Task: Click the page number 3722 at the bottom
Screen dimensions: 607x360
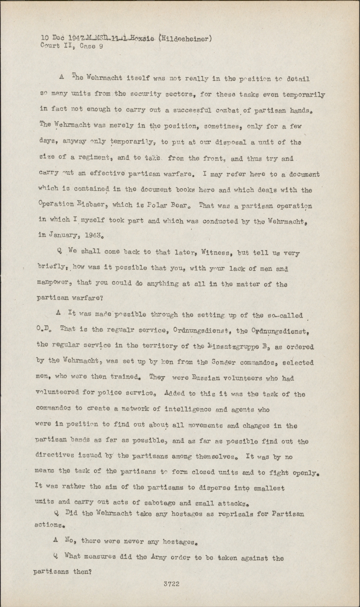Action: (x=172, y=584)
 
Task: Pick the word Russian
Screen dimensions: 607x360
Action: (x=206, y=378)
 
